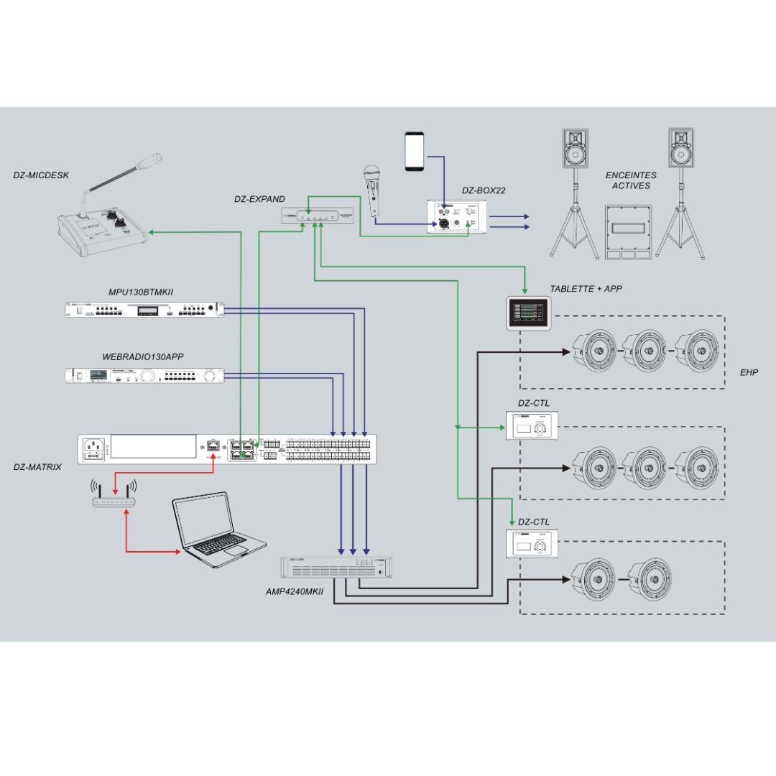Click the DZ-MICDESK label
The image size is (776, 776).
41,175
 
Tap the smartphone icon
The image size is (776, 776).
415,151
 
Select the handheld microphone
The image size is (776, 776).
371,188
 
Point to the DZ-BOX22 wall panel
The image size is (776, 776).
458,216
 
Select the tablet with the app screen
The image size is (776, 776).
529,313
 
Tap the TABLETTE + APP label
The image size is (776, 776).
586,289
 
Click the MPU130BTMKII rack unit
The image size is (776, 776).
144,310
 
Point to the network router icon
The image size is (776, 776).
114,496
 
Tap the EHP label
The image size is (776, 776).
749,372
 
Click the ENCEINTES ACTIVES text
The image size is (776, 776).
631,180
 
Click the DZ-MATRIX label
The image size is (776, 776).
37,467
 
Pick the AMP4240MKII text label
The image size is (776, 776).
295,591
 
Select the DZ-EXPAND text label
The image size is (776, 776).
259,199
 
